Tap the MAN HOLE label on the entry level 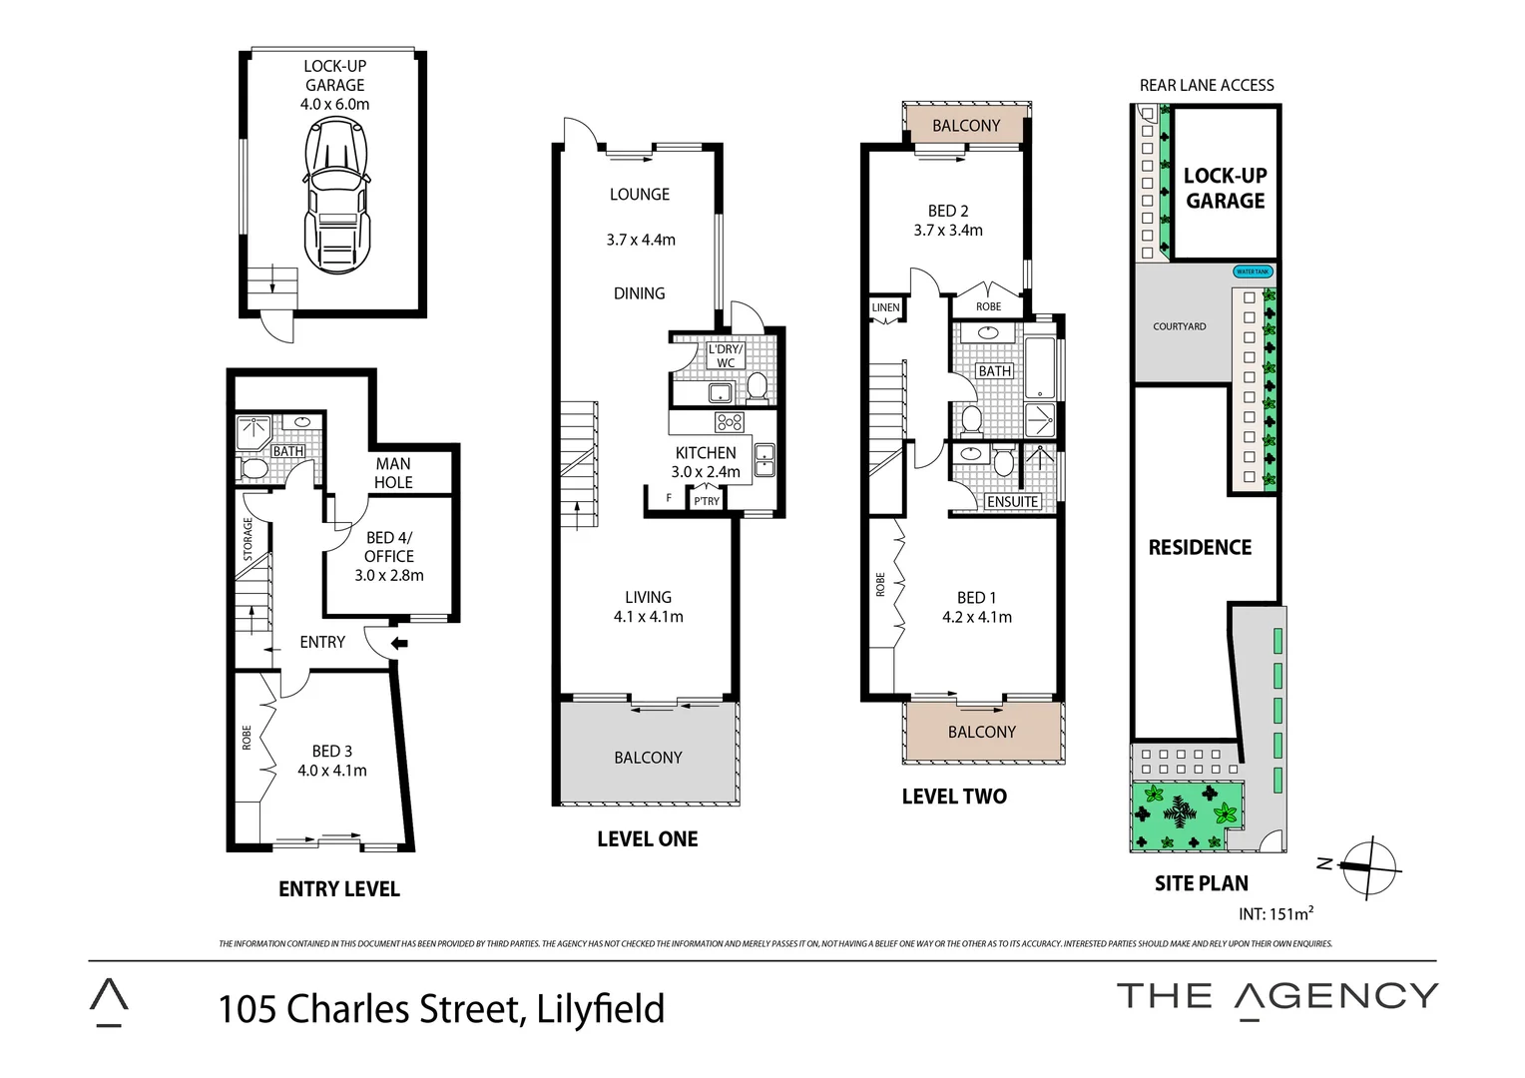[x=393, y=473]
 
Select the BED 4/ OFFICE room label [x=389, y=547]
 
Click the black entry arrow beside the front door [x=399, y=644]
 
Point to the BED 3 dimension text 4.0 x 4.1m [x=332, y=771]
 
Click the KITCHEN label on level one [x=706, y=452]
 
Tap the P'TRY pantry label [x=707, y=501]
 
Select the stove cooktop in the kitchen [x=730, y=421]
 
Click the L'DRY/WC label [x=726, y=356]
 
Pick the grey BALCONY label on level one [x=648, y=758]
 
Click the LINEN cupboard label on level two [x=885, y=307]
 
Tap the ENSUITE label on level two [x=1012, y=502]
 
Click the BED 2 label [x=948, y=211]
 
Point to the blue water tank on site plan [x=1253, y=271]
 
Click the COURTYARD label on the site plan [x=1180, y=326]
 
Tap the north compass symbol [x=1368, y=865]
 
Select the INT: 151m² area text [x=1275, y=913]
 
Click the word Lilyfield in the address [x=600, y=1009]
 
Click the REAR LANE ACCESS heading [x=1207, y=86]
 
